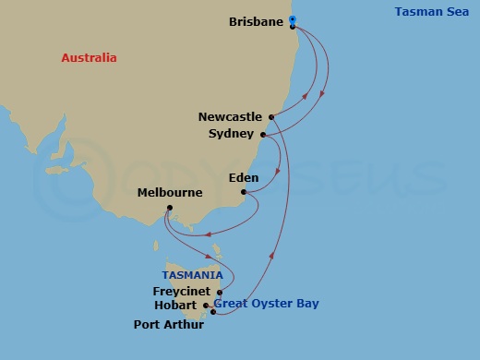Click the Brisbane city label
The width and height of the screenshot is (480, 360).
click(256, 20)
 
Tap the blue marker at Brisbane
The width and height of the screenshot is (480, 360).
click(292, 19)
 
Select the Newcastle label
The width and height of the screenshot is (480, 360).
click(232, 117)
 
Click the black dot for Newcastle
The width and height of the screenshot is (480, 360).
click(271, 117)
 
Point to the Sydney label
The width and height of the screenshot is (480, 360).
click(231, 134)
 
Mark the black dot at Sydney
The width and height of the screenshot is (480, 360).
click(262, 135)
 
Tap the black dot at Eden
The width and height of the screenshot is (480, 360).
click(244, 193)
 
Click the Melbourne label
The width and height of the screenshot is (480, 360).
click(170, 193)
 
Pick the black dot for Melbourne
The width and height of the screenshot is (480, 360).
click(170, 208)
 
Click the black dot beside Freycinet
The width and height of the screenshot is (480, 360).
click(220, 292)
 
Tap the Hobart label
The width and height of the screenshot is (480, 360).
click(176, 306)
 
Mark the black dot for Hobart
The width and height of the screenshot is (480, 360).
click(206, 306)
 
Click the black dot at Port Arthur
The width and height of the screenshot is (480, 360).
click(213, 312)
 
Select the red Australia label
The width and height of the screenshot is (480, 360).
click(89, 58)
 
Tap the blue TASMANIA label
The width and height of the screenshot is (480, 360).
click(192, 275)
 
